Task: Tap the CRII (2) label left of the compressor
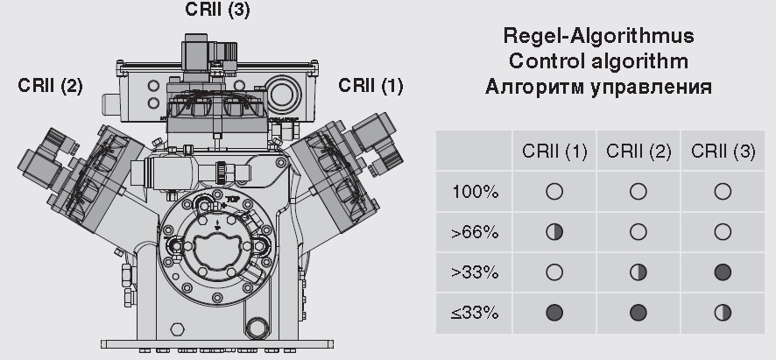point(50,86)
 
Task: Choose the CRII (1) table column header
point(554,151)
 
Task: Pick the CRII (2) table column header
point(638,151)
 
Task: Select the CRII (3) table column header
point(723,151)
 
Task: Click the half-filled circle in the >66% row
point(554,232)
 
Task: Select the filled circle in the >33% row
point(723,272)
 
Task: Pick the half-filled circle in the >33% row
point(638,272)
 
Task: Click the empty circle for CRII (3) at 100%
point(723,192)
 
